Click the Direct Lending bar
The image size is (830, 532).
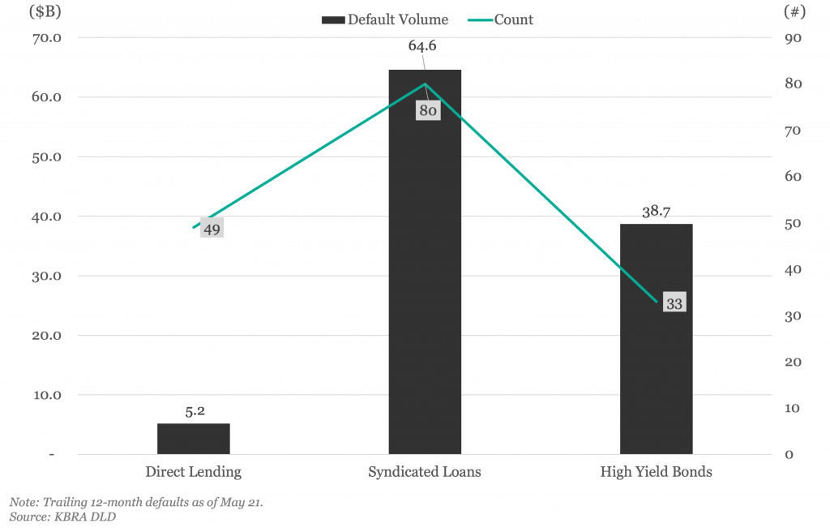tap(194, 439)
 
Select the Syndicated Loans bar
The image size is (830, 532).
tap(425, 262)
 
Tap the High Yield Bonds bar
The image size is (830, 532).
tap(657, 339)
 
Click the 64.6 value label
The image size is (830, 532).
tap(422, 45)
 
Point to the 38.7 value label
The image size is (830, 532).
tap(657, 212)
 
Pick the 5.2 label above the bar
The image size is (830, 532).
tap(195, 411)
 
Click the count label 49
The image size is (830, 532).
tap(212, 229)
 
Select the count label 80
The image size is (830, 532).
tap(428, 110)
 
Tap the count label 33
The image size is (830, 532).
tap(674, 303)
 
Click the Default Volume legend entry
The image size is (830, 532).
tap(385, 19)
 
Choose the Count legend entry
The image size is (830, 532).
tap(501, 19)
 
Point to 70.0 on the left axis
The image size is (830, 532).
tap(46, 38)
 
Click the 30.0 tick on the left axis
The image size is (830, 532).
tap(46, 276)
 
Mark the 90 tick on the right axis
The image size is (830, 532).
tap(793, 38)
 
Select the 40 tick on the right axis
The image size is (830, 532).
tap(793, 270)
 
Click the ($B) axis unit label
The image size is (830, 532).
tap(45, 11)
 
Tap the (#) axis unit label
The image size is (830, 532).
tap(794, 11)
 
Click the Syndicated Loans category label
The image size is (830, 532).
tap(425, 472)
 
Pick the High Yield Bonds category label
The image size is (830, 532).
tap(657, 472)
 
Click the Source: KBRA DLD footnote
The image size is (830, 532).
tap(62, 517)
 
